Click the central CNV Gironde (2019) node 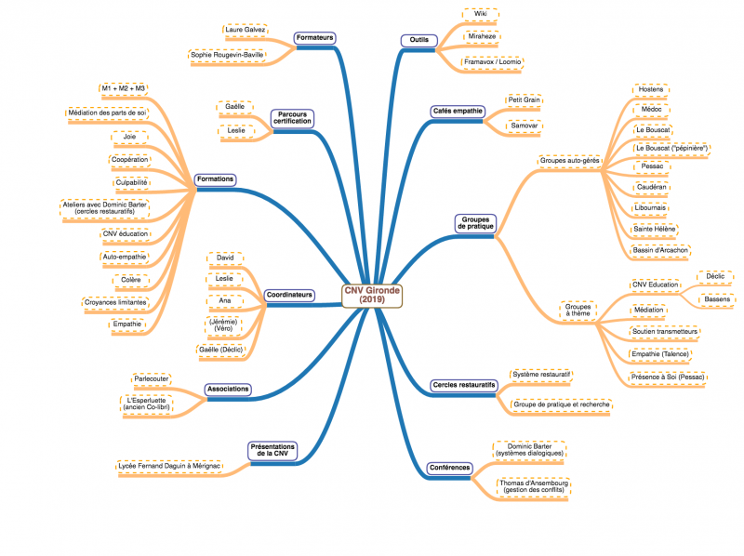[371, 295]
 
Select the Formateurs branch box [314, 38]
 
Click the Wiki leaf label [481, 15]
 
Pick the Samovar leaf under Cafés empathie [525, 125]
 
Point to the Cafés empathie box [458, 111]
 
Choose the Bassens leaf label [717, 299]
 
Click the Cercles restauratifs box [463, 385]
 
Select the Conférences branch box [450, 467]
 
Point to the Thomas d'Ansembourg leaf [531, 487]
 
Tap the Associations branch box [228, 390]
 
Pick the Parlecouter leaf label [152, 379]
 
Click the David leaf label [223, 257]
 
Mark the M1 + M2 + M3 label [124, 88]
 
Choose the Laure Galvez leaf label [246, 30]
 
